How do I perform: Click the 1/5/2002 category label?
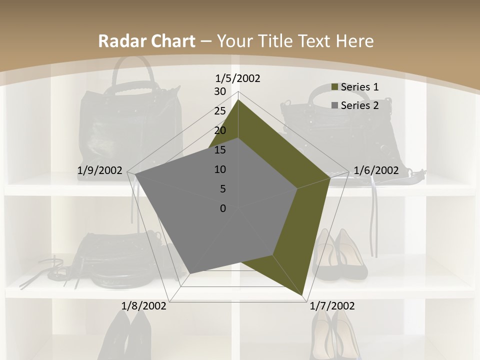click(x=238, y=78)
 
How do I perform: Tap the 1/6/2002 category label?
click(x=376, y=170)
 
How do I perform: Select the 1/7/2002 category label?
click(x=332, y=305)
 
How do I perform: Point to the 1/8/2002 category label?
click(x=144, y=305)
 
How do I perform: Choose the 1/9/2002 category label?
click(x=100, y=170)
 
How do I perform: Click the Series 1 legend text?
click(x=359, y=87)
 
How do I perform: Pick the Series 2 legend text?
click(x=359, y=105)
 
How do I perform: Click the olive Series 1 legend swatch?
click(x=334, y=87)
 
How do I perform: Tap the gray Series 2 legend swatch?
click(x=334, y=106)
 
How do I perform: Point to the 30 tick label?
click(x=220, y=91)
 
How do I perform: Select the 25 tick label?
click(x=220, y=111)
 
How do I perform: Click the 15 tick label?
click(x=220, y=150)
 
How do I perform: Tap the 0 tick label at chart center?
click(x=223, y=208)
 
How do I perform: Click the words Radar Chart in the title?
click(x=146, y=41)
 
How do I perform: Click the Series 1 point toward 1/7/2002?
click(x=303, y=295)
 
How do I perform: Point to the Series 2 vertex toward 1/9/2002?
click(x=135, y=174)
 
